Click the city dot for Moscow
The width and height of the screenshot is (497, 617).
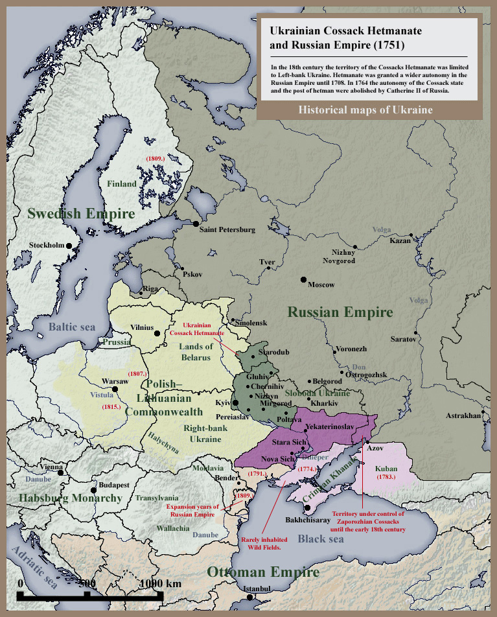coord(303,279)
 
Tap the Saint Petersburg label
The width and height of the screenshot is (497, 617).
coord(227,230)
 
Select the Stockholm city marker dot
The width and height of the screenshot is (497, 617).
coord(71,246)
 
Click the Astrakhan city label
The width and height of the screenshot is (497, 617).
coord(463,415)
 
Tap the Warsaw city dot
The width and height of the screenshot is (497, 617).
coord(115,389)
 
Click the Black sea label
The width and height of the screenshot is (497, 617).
coord(320,539)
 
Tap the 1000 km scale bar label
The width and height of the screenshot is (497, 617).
coord(160,583)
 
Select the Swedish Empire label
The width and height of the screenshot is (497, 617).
coord(81,213)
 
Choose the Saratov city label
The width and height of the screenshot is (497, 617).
coord(402,339)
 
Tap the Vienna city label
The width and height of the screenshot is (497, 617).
coord(51,467)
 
